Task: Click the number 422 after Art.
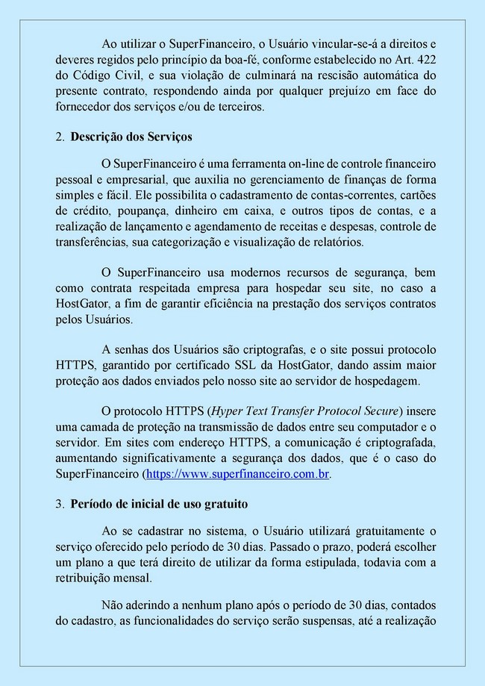pos(425,59)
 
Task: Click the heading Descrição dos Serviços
pos(131,137)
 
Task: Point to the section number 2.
pos(60,137)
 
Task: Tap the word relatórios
pos(335,242)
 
